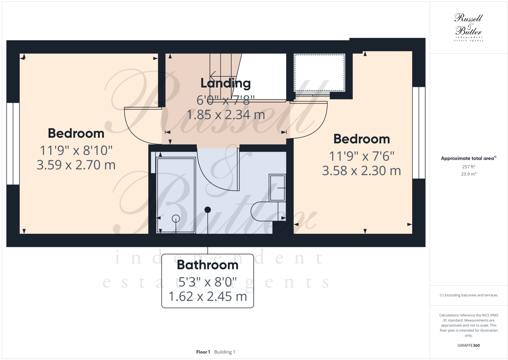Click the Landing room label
225,83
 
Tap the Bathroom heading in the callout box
207,265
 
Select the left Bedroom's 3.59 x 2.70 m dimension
76,165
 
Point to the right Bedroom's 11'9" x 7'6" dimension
362,156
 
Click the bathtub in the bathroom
176,195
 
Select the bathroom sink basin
277,188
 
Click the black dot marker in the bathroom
207,210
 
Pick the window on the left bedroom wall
13,144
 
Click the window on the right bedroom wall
419,133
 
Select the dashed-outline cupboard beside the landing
319,72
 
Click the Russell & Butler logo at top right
468,27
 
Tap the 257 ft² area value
468,167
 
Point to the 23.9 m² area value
468,174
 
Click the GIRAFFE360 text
468,345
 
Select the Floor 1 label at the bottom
203,352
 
